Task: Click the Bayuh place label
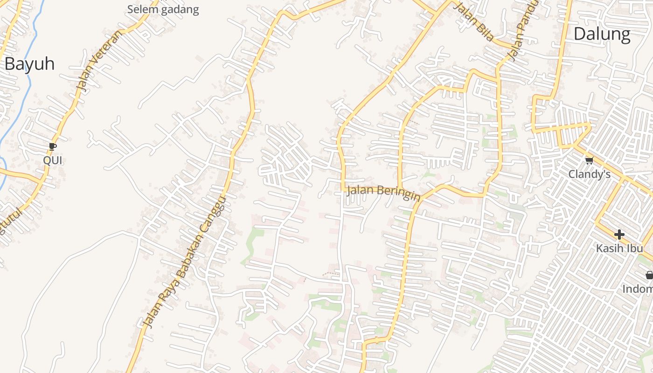pyautogui.click(x=29, y=64)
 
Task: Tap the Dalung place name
pyautogui.click(x=602, y=34)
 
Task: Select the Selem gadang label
pyautogui.click(x=163, y=9)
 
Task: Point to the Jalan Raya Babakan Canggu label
pyautogui.click(x=185, y=261)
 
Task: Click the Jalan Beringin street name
pyautogui.click(x=383, y=193)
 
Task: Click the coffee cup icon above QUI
pyautogui.click(x=53, y=147)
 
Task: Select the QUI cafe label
pyautogui.click(x=53, y=160)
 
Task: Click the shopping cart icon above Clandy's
pyautogui.click(x=589, y=161)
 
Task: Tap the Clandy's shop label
pyautogui.click(x=589, y=174)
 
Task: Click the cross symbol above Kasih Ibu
pyautogui.click(x=619, y=235)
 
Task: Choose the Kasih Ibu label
pyautogui.click(x=619, y=248)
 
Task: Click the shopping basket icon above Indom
pyautogui.click(x=649, y=275)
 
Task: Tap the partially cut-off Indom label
pyautogui.click(x=638, y=289)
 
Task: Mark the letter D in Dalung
pyautogui.click(x=580, y=34)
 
